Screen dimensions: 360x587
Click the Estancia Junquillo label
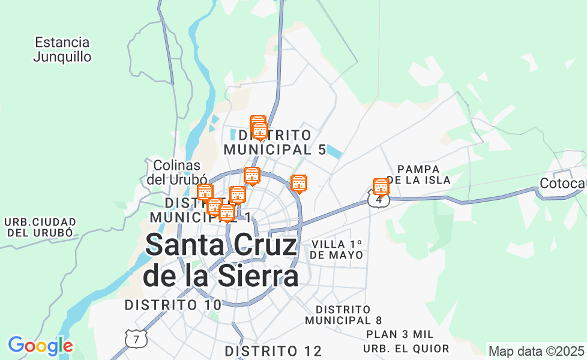coord(62,50)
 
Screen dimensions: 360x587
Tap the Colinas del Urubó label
coord(176,172)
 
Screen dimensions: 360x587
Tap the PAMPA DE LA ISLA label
coord(418,175)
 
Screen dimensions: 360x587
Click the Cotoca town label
coord(562,183)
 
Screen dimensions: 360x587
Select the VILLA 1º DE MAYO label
coord(337,249)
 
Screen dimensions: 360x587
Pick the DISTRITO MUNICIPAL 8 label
coord(343,314)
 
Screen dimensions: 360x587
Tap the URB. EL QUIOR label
coord(406,349)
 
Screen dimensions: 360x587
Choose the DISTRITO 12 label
coord(273,351)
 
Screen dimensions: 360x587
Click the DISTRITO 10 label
coord(173,305)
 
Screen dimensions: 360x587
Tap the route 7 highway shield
coord(136,339)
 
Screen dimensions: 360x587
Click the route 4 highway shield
coord(378,200)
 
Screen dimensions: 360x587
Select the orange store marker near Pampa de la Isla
coord(381,187)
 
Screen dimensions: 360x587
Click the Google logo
coord(40,346)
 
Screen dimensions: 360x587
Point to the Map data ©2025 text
coord(536,351)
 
